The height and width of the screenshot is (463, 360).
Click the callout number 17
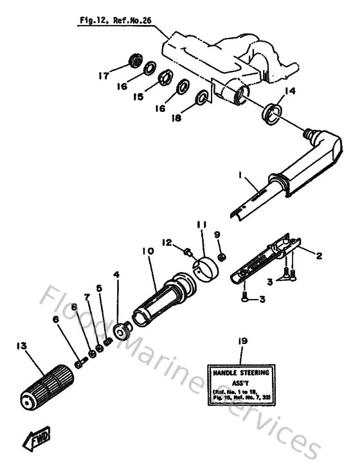pyautogui.click(x=103, y=75)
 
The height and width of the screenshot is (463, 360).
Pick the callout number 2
pyautogui.click(x=317, y=255)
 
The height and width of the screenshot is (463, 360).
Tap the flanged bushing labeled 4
pyautogui.click(x=120, y=332)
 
